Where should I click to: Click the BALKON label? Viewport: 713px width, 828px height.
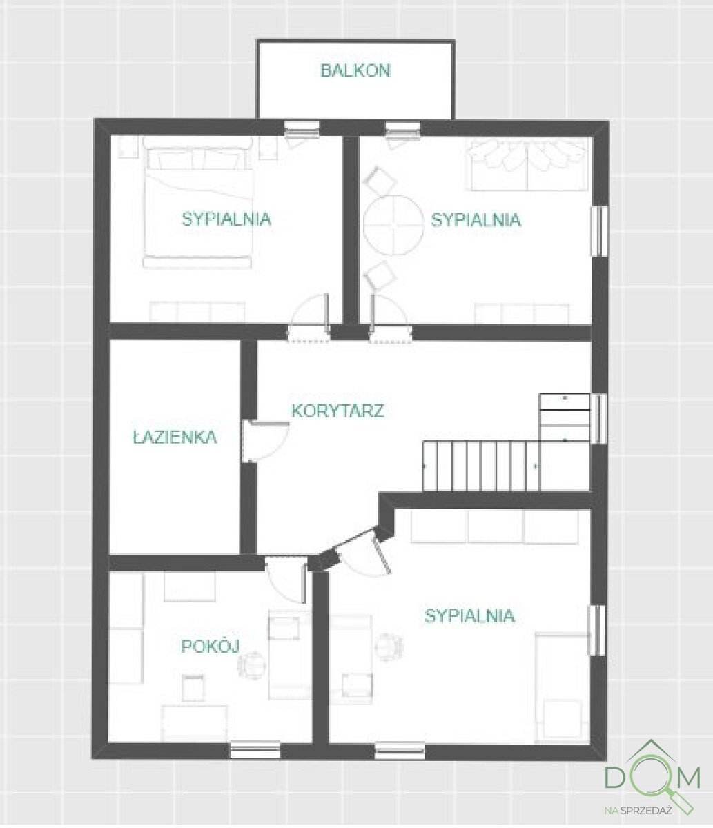click(355, 70)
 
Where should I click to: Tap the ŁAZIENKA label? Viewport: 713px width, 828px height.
click(175, 437)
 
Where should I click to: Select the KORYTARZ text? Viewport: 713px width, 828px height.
click(338, 411)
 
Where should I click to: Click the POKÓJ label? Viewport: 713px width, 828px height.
click(210, 647)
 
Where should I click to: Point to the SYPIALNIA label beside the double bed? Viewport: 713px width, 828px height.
click(226, 219)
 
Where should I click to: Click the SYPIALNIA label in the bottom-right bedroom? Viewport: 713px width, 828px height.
click(469, 615)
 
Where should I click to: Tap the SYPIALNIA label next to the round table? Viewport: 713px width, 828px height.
click(476, 220)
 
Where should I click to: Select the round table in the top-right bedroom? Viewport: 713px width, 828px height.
click(393, 225)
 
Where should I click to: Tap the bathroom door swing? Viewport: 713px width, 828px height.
click(266, 442)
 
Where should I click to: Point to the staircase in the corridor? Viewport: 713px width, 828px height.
click(483, 466)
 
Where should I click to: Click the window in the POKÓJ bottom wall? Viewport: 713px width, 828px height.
click(255, 749)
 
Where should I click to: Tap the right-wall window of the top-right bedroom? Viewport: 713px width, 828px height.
click(600, 231)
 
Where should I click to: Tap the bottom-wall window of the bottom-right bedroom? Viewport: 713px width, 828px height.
click(400, 749)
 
